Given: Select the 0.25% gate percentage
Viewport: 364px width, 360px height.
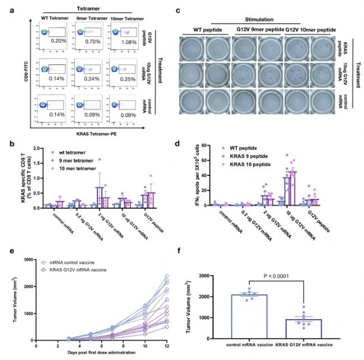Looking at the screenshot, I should tap(128, 79).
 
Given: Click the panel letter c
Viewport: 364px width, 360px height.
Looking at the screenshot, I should tap(178, 10).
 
